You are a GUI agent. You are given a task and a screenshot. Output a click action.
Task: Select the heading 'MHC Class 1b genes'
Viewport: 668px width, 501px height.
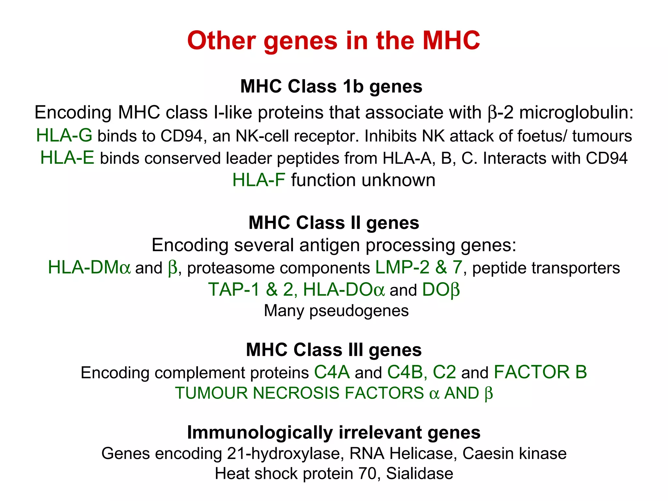(331, 86)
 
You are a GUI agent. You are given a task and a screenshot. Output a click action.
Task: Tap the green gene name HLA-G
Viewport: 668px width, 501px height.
(64, 135)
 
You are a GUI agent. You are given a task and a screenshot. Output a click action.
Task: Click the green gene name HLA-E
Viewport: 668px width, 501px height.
(67, 158)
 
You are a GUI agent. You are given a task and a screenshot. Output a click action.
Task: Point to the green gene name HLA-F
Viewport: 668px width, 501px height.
(259, 180)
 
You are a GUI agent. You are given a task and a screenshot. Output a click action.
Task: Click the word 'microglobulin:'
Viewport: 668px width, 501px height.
(576, 113)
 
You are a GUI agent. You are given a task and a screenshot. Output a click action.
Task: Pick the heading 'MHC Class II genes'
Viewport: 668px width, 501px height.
(334, 223)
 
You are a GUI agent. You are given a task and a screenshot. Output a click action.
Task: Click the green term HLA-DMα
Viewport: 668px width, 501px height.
(89, 268)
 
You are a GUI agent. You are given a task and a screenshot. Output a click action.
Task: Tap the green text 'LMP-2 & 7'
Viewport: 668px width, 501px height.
(418, 268)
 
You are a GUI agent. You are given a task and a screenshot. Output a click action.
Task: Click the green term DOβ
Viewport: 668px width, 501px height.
(441, 290)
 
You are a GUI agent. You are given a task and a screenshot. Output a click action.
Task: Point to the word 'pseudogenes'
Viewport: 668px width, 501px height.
(359, 311)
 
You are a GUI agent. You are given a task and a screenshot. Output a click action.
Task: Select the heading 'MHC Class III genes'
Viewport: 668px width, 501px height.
(334, 350)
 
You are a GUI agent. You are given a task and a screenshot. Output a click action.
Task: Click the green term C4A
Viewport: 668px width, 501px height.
(332, 372)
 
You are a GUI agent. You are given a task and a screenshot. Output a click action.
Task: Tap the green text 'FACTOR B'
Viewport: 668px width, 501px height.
(540, 372)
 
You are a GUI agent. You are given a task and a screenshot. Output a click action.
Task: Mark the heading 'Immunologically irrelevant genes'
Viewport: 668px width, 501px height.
(334, 433)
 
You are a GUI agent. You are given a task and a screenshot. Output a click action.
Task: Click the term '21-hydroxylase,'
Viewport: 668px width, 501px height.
(286, 453)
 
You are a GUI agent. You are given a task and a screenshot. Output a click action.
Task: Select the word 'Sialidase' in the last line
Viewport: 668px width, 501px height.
(419, 474)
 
